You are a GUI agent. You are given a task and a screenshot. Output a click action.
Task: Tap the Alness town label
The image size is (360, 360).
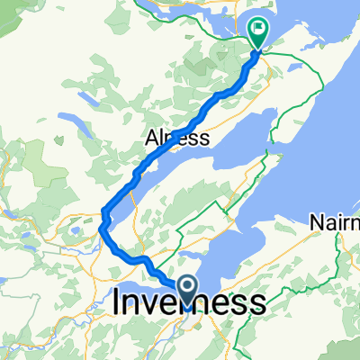point(177,139)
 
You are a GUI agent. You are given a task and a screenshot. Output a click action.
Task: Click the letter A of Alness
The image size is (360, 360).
point(151,139)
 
